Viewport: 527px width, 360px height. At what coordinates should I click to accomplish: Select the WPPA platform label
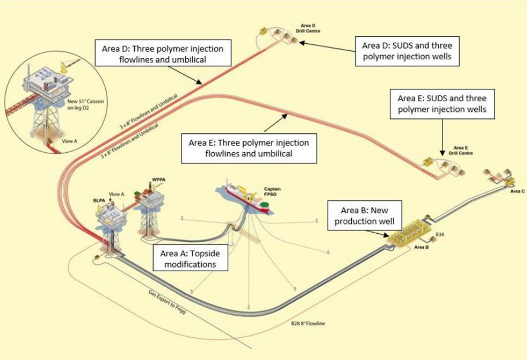158,180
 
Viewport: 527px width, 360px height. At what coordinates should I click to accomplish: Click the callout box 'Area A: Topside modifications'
190,259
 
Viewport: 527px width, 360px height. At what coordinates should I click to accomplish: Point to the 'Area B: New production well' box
364,216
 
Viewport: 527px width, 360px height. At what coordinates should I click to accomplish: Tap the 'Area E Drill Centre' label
460,151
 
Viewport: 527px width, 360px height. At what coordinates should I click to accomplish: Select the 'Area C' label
517,191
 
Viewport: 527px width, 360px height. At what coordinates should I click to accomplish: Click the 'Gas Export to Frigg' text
167,303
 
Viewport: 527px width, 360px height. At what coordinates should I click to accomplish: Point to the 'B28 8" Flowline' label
308,324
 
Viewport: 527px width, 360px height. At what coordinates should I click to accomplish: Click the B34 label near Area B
440,234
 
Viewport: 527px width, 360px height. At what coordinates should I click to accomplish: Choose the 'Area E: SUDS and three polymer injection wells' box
442,104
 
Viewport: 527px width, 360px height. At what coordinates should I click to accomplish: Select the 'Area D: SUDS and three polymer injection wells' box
407,51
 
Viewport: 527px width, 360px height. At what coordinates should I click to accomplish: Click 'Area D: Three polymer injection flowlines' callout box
163,54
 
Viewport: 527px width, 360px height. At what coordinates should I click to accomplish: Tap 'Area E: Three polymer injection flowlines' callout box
249,148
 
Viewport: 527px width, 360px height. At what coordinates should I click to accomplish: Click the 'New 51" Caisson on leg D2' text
85,104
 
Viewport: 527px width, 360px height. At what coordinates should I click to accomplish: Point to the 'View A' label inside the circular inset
70,141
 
